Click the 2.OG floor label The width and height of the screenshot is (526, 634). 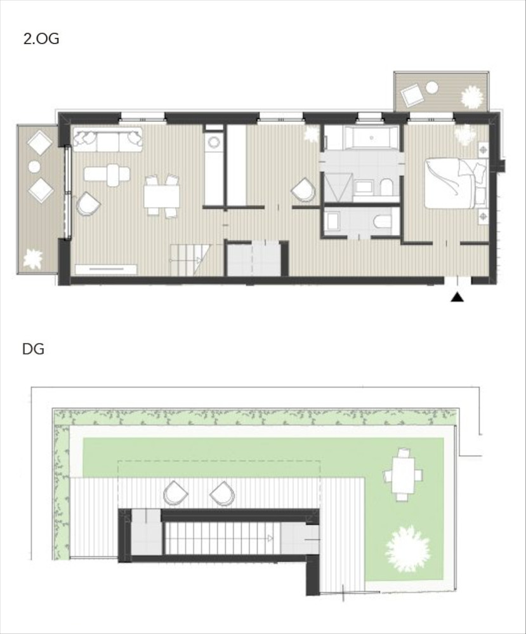[41, 39]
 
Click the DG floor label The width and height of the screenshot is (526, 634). [33, 349]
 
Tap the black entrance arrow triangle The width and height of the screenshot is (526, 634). [457, 297]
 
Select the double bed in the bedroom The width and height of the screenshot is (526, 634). [456, 183]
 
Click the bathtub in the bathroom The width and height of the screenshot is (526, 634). [371, 138]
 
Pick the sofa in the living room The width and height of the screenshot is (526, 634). [108, 140]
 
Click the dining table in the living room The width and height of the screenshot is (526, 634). [162, 196]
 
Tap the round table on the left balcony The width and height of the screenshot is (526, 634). [34, 166]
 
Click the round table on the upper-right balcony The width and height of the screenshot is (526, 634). [432, 87]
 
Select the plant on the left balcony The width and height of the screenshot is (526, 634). [33, 259]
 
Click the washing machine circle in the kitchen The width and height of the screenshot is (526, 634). [213, 142]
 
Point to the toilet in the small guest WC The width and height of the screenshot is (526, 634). [383, 222]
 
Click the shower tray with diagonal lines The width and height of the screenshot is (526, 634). [338, 187]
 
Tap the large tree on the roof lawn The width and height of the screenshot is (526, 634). [407, 549]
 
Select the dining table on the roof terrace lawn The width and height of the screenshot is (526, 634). [403, 475]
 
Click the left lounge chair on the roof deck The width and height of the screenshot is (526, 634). [175, 493]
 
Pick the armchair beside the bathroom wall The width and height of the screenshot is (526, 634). [304, 190]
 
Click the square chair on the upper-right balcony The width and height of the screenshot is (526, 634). [412, 95]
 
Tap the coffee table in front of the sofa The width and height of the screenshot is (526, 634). [107, 174]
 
